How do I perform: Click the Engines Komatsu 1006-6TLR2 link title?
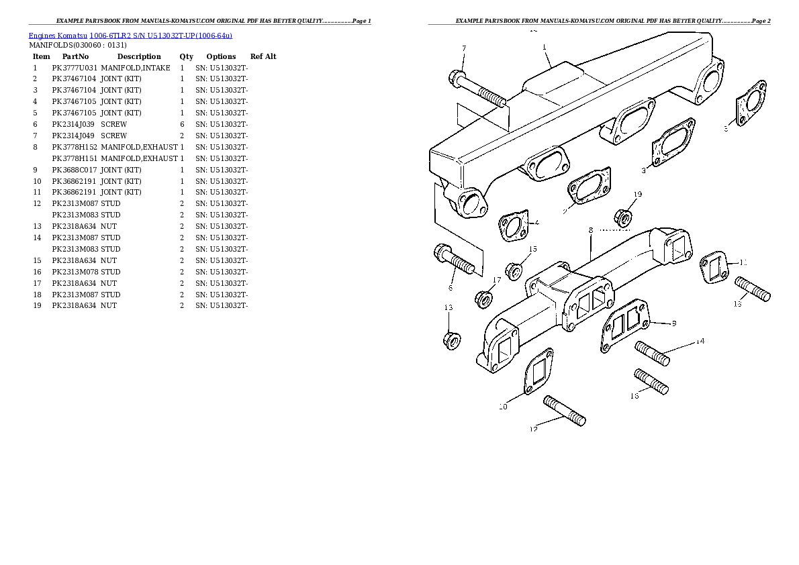tap(131, 35)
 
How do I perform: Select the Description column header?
tap(139, 56)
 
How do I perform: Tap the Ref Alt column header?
tap(263, 56)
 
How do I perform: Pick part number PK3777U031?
tap(75, 68)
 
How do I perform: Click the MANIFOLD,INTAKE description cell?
tap(136, 68)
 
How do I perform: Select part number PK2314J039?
tap(75, 124)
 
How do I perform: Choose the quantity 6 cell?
tap(182, 124)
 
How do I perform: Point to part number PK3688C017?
tap(75, 170)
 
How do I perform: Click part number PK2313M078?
tap(75, 272)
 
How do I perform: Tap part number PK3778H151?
tap(75, 158)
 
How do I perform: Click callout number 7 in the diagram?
tap(463, 48)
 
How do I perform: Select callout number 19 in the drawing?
tap(637, 194)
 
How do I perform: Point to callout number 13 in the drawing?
tap(448, 307)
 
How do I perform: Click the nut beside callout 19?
tap(622, 217)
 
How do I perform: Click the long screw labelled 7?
tap(479, 89)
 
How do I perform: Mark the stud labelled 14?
tap(652, 354)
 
